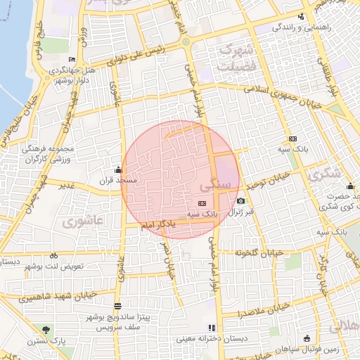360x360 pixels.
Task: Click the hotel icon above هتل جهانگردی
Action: click(72, 59)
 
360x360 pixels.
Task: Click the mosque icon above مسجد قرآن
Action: click(117, 169)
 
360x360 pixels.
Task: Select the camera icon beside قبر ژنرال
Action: click(240, 201)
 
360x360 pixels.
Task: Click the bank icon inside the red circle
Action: click(202, 203)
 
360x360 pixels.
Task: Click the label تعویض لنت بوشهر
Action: click(54, 267)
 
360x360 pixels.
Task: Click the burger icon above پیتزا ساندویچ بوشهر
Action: click(117, 307)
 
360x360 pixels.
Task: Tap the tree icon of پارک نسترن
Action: click(46, 330)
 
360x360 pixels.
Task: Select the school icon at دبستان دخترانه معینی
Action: click(212, 328)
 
